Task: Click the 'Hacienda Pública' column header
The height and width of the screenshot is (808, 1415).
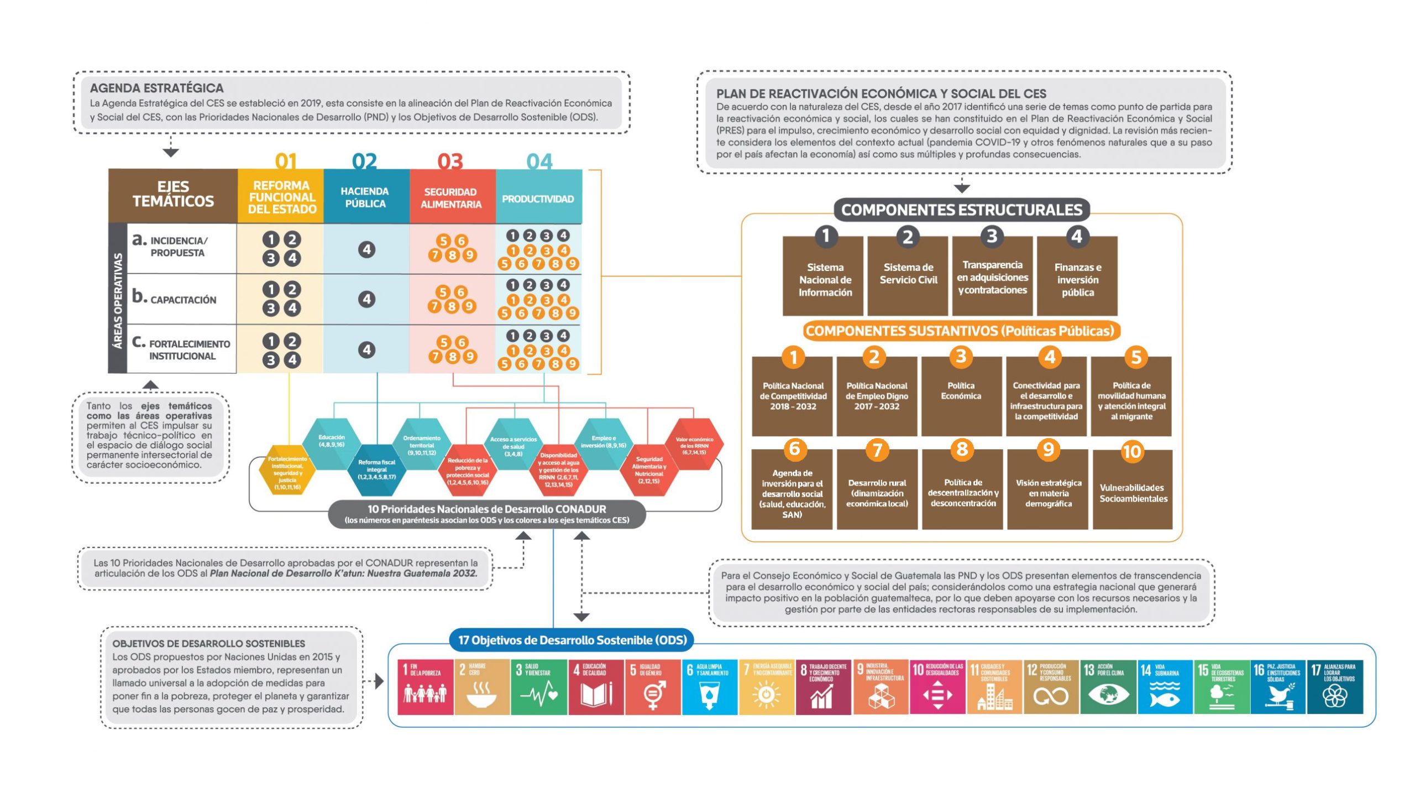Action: click(365, 197)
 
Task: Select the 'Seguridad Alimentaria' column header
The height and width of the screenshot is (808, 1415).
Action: click(451, 197)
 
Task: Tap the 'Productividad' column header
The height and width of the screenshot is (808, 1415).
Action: click(538, 198)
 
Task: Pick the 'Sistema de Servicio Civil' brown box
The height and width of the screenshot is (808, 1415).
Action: click(908, 275)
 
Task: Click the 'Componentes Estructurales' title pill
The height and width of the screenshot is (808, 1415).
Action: click(961, 210)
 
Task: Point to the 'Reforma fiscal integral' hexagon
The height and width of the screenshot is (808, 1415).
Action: click(376, 470)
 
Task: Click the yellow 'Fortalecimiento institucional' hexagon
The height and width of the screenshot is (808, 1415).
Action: click(287, 472)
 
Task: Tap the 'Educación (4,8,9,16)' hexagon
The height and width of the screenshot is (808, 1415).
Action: click(332, 442)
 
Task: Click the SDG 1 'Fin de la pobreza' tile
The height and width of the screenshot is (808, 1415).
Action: click(425, 686)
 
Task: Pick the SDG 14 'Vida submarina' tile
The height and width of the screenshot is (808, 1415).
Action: click(1165, 686)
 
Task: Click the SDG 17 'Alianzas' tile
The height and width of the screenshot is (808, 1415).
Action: click(1335, 686)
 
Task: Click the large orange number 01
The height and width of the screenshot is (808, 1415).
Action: click(286, 161)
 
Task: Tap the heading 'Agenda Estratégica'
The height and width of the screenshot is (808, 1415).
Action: click(156, 88)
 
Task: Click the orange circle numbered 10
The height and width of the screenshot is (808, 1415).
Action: click(1132, 451)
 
